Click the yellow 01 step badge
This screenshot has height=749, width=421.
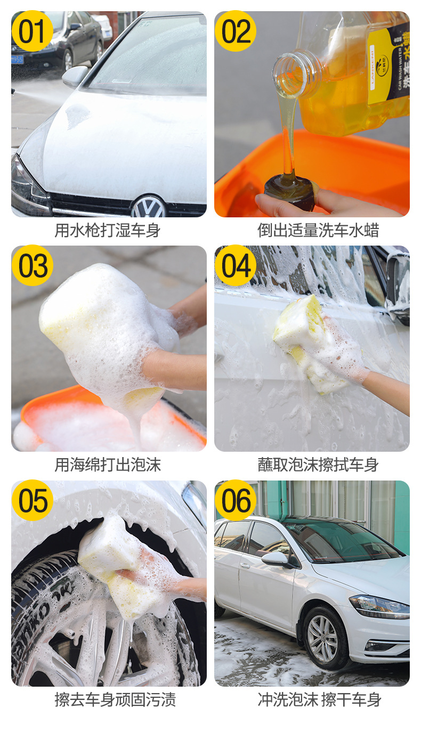point(32,31)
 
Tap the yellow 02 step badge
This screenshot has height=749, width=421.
point(236,31)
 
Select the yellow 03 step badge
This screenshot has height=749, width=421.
point(32,266)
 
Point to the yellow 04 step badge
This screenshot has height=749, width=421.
point(236,266)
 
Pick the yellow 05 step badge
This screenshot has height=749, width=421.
point(32,500)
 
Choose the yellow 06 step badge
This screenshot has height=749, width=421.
point(236,500)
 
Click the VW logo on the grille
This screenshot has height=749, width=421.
point(149,206)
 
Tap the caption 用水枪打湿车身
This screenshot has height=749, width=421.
point(108,231)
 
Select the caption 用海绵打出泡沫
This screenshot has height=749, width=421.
point(108,465)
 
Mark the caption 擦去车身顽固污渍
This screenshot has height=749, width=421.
point(115,699)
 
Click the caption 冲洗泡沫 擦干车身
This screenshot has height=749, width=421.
point(319,699)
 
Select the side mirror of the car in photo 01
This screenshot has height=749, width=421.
point(75,76)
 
